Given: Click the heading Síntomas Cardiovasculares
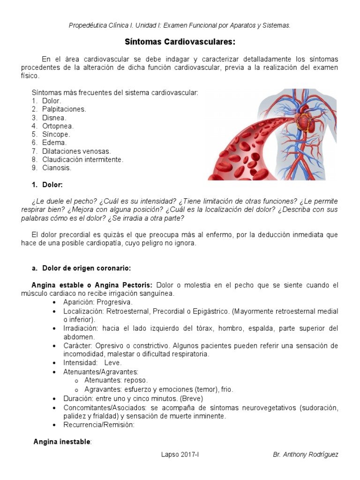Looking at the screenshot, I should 180,42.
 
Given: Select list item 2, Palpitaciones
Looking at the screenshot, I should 64,109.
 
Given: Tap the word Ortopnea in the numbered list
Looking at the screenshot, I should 58,126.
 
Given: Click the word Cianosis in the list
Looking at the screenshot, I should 57,168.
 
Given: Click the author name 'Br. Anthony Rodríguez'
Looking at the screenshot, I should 305,455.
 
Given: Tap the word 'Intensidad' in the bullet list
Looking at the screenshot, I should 80,363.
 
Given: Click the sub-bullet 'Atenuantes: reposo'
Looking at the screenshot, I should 116,380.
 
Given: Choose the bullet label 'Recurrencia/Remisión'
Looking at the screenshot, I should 99,425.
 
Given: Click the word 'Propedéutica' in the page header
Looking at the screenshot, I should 89,25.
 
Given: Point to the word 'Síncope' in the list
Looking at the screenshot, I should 56,135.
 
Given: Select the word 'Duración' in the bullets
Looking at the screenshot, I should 77,398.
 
